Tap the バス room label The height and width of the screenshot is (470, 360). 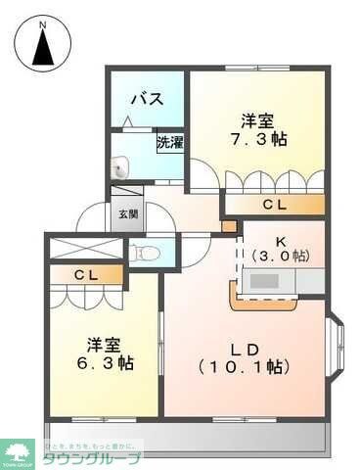click(146, 99)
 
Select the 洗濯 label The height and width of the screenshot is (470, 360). click(169, 142)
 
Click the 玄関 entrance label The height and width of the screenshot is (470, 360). click(128, 213)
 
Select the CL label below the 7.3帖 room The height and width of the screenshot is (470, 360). click(274, 205)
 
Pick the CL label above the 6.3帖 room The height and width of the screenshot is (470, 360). click(85, 275)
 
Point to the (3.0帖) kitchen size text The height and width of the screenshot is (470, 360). click(280, 255)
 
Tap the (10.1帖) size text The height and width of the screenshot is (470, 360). click(245, 367)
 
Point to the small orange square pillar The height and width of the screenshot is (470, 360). click(228, 227)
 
